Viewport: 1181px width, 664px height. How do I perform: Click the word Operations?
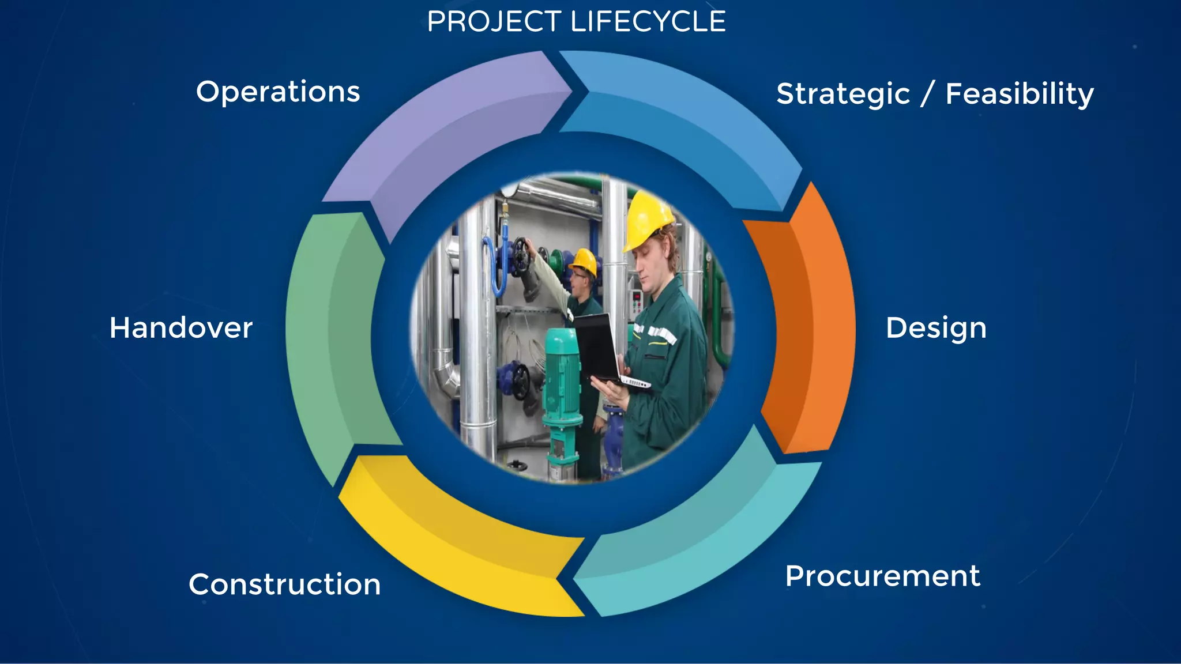(x=278, y=92)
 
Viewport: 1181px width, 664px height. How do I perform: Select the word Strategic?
(x=843, y=94)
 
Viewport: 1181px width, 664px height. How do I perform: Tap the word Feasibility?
(x=1019, y=94)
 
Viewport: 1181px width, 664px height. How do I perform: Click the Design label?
(x=936, y=328)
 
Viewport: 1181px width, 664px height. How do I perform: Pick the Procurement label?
(x=882, y=576)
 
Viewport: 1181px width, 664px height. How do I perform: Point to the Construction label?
(x=284, y=584)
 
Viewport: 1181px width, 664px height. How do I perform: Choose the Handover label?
(x=181, y=328)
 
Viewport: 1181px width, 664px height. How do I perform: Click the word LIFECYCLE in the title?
(x=648, y=22)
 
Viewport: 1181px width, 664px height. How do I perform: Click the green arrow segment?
(x=334, y=340)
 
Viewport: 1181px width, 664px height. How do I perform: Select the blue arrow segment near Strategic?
(x=692, y=121)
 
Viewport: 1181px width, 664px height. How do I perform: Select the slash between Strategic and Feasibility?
(x=927, y=94)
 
